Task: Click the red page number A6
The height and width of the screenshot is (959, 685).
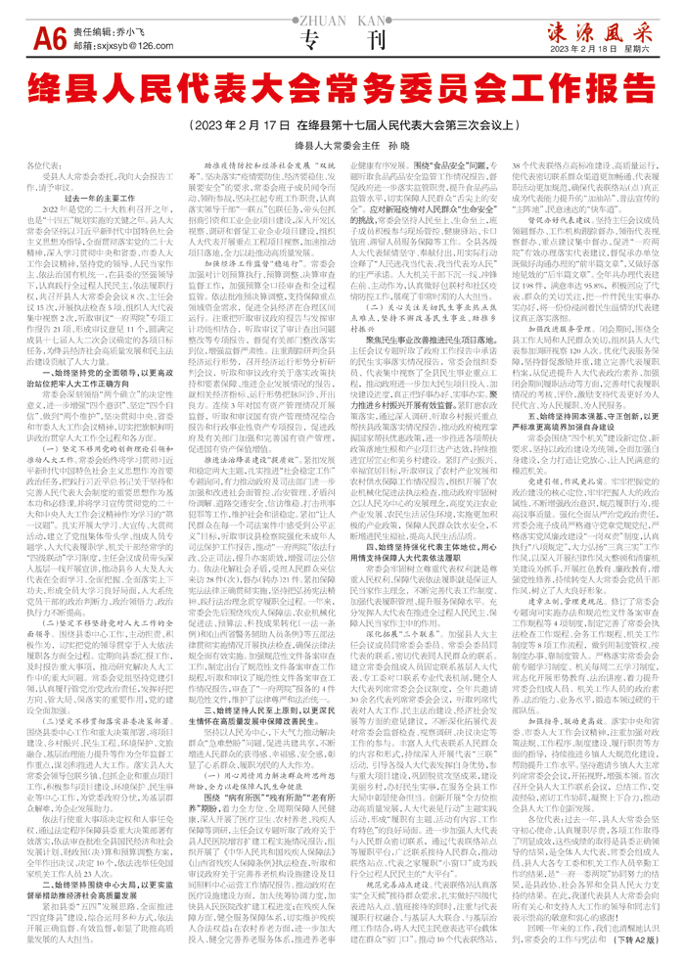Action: [48, 37]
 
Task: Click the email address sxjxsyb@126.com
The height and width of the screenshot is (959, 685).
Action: [137, 46]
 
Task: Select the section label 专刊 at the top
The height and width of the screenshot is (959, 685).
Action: [342, 42]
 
